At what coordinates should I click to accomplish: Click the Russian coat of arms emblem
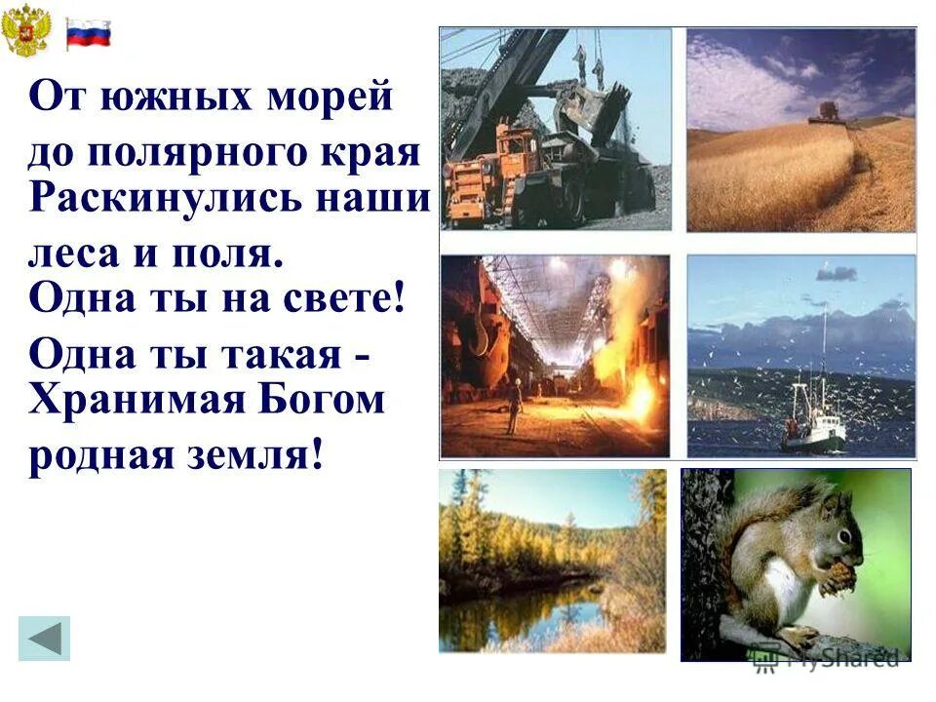pos(26,33)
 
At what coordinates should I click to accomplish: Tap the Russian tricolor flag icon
pos(88,34)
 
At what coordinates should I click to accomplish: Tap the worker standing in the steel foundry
pos(513,407)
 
